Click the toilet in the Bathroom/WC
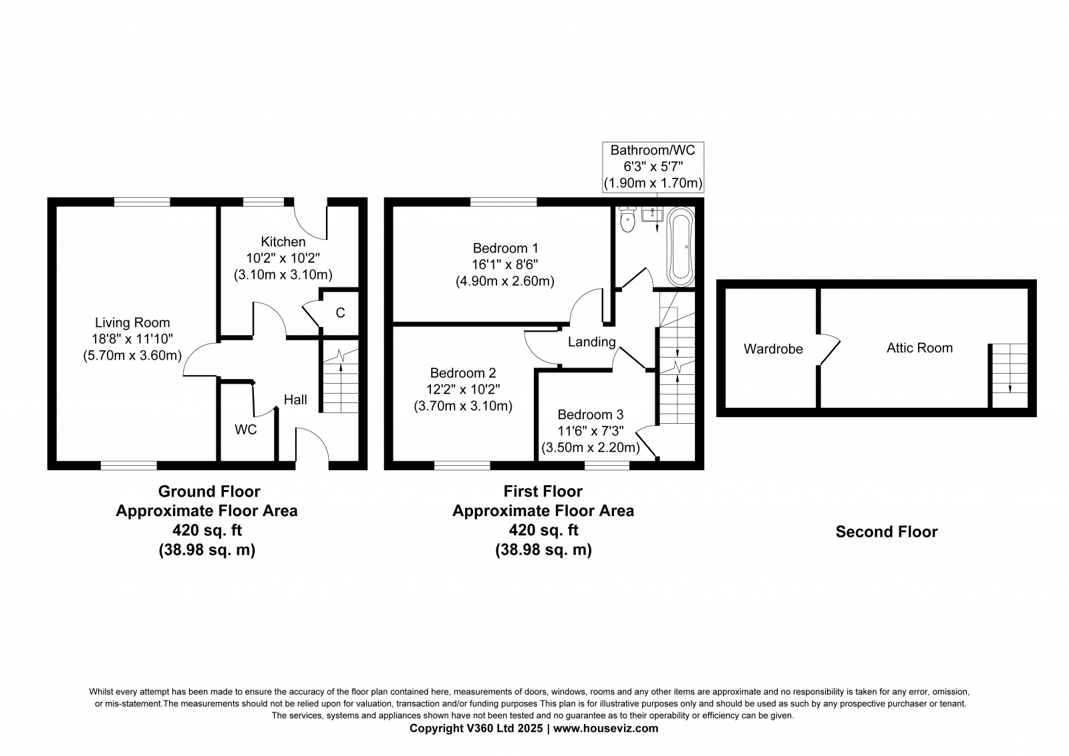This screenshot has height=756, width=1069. pos(627,220)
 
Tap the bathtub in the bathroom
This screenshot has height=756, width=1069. pos(681,247)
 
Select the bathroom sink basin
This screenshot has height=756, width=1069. pos(652,215)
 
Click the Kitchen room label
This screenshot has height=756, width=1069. pos(283,242)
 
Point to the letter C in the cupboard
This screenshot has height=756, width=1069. pos(340,313)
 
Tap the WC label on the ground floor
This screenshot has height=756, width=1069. pos(246,430)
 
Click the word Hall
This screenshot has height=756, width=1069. pos(295,400)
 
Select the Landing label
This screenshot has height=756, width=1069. pos(592,342)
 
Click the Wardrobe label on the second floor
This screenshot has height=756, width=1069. pos(773,349)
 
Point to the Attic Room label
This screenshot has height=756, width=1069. pos(919,348)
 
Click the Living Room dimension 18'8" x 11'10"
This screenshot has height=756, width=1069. pos(132,339)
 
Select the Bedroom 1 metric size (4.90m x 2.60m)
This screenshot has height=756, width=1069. pos(505,281)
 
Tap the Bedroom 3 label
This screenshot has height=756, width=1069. pos(591,414)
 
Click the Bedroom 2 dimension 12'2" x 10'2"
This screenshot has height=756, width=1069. pos(463,389)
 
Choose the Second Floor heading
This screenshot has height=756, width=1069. pos(887,532)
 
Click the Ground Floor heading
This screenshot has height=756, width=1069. pos(209,491)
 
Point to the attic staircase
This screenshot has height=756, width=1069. pos(1010,376)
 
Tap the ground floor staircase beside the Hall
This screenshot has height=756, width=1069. pos(341,376)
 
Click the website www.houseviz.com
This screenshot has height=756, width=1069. pos(605,729)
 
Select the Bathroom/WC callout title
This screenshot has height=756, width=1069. pos(653,150)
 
